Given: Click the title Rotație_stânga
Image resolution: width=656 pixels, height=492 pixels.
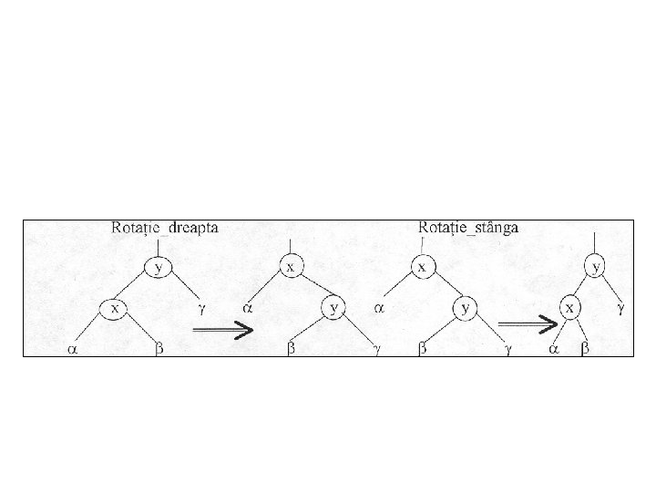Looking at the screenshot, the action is (468, 228).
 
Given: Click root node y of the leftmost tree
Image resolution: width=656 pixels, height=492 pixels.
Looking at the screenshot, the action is (160, 268).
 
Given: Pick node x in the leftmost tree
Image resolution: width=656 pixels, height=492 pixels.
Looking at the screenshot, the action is (115, 309).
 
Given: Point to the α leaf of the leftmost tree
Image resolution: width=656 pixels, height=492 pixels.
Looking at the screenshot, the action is (71, 349).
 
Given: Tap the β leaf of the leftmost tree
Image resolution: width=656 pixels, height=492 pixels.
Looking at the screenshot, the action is (159, 349).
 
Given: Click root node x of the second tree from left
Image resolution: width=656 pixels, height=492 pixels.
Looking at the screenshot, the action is (291, 267).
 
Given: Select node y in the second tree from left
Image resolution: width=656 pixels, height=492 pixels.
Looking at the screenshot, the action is (334, 309).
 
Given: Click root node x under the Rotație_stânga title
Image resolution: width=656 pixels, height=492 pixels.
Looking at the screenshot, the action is (422, 268).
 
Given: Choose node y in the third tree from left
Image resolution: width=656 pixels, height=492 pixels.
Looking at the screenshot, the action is (466, 309).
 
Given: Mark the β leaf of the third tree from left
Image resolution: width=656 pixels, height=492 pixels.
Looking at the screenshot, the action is (422, 349).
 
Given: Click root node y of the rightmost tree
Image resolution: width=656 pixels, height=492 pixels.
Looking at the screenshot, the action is (596, 268).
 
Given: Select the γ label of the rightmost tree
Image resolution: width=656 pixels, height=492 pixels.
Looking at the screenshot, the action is (621, 309).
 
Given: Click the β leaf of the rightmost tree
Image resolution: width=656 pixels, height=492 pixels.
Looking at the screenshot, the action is (585, 349).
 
